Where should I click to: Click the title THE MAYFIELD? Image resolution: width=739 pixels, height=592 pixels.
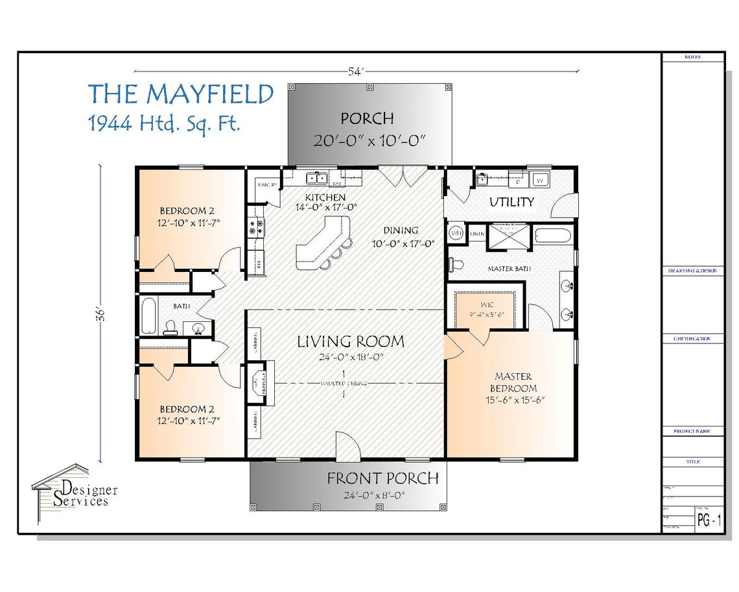tap(181, 95)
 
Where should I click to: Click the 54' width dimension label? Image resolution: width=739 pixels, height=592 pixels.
tap(355, 72)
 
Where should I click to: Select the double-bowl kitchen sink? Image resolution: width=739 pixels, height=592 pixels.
tap(316, 177)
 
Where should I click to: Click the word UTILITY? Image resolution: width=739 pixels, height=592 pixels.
tap(511, 202)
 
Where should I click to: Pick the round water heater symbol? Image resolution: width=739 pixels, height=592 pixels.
tap(456, 232)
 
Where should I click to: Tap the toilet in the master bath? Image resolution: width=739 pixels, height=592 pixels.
tap(456, 264)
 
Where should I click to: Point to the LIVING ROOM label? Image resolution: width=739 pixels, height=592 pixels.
tap(351, 341)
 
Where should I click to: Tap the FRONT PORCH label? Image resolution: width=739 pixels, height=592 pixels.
tap(382, 479)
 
